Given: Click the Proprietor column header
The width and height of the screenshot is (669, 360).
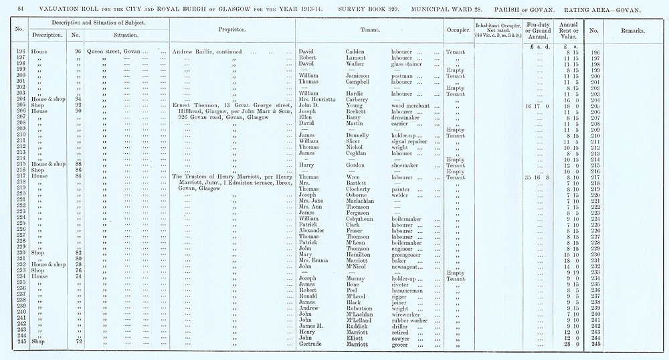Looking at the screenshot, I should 231,31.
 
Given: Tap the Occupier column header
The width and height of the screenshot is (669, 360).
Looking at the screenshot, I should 456,31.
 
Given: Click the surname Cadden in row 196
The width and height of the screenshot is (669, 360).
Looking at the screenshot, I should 357,52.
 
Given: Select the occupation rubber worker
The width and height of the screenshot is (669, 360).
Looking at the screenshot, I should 413,320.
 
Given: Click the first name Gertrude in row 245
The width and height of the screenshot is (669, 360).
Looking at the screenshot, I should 312,344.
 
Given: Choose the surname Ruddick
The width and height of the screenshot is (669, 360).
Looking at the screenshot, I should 359,326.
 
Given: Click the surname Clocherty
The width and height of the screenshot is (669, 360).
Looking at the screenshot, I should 361,189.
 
